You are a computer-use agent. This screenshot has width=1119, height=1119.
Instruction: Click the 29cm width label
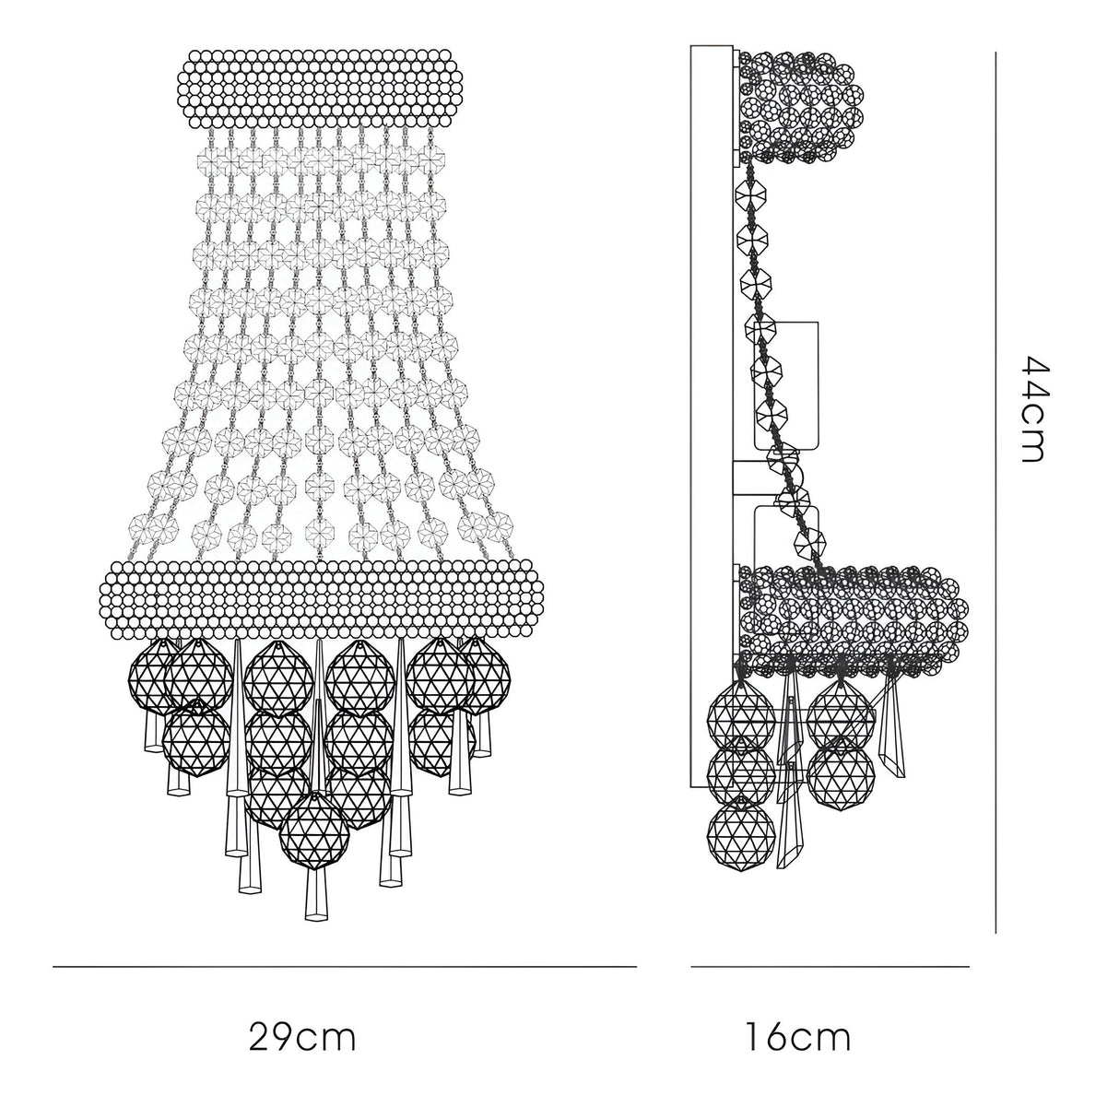301,1038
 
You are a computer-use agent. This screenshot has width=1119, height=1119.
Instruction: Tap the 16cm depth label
797,1038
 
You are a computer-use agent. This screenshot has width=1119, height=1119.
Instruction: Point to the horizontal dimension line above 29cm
345,967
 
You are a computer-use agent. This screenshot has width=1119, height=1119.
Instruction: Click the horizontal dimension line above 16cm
830,967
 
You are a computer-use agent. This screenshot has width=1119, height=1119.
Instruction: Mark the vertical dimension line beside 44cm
996,492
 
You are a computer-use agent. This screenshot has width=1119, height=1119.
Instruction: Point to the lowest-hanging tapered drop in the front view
316,899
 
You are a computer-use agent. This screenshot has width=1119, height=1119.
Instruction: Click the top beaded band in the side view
800,106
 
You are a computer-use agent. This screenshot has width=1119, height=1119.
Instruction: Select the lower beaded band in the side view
853,613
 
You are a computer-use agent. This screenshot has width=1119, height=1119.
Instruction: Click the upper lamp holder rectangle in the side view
786,385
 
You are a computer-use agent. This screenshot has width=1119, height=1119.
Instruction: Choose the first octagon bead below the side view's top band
750,195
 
